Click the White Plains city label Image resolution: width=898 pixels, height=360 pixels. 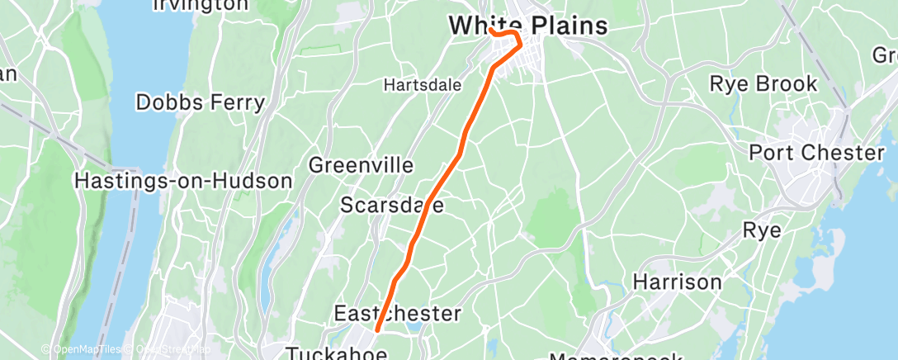pyautogui.click(x=528, y=26)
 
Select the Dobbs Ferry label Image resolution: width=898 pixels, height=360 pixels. pyautogui.click(x=201, y=102)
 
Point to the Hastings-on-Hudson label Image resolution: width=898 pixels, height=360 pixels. pyautogui.click(x=183, y=180)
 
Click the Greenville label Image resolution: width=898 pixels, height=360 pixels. pyautogui.click(x=361, y=165)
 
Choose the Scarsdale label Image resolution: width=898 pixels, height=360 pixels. pyautogui.click(x=392, y=204)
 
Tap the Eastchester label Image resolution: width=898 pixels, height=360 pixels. pyautogui.click(x=397, y=313)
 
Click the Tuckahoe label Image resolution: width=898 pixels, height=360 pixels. pyautogui.click(x=336, y=353)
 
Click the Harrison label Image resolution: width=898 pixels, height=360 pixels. pyautogui.click(x=677, y=282)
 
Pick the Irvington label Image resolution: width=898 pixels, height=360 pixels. pyautogui.click(x=201, y=5)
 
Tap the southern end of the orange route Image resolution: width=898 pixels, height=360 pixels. pyautogui.click(x=377, y=330)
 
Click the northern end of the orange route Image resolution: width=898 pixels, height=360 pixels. pyautogui.click(x=490, y=31)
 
